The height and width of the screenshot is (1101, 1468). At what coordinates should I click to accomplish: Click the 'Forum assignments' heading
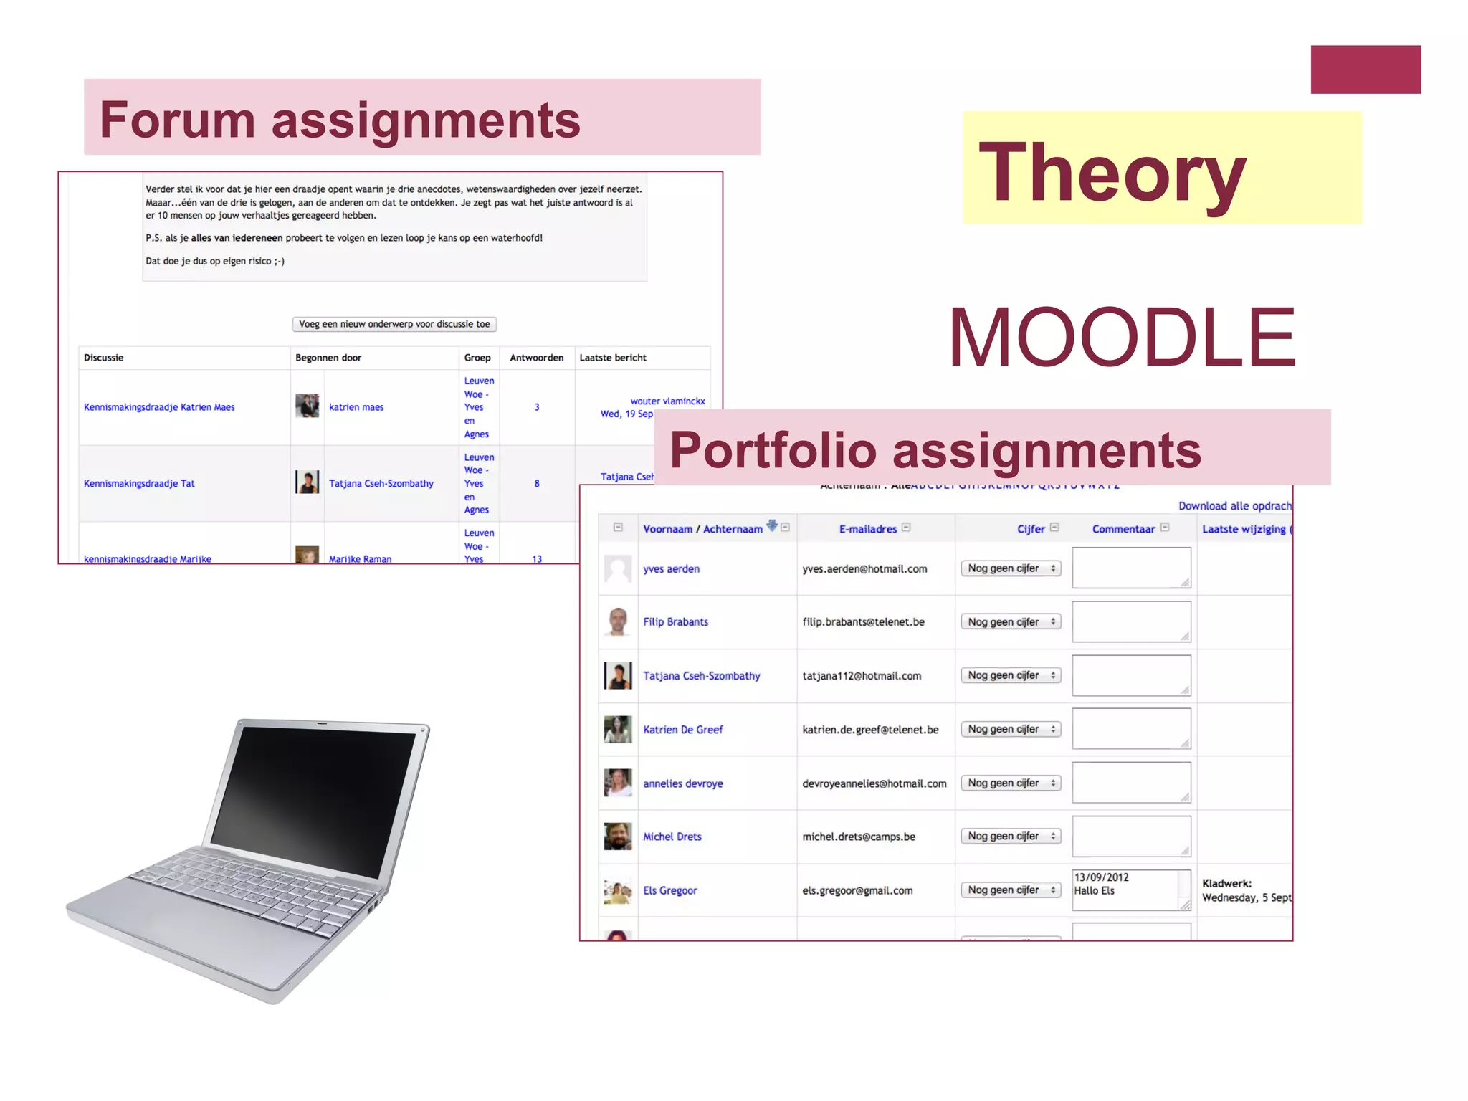click(340, 120)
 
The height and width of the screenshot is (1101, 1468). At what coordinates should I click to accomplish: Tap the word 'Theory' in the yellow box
click(1112, 173)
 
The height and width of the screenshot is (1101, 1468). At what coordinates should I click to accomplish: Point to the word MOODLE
click(1122, 337)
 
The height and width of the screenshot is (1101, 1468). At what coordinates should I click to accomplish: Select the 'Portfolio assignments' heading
click(935, 450)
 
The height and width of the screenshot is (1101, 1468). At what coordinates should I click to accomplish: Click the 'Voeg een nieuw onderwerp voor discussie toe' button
click(394, 324)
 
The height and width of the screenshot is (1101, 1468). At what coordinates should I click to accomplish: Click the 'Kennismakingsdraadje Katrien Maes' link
click(159, 407)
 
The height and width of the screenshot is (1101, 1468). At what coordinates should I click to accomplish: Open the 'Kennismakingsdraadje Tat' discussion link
click(139, 484)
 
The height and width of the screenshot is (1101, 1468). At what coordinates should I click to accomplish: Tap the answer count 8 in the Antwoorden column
click(537, 484)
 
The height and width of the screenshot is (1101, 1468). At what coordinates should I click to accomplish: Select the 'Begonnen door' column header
click(328, 358)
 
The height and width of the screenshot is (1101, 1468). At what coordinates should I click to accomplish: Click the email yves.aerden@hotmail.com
click(864, 569)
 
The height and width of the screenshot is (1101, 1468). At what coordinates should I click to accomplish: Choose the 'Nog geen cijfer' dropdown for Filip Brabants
click(1011, 622)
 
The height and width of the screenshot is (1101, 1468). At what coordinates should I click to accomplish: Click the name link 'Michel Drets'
click(672, 837)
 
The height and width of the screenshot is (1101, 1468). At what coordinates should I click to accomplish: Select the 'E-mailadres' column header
click(868, 529)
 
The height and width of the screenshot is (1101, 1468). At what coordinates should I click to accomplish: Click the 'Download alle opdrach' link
click(1234, 506)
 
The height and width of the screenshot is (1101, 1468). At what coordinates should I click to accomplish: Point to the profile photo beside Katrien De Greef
click(618, 730)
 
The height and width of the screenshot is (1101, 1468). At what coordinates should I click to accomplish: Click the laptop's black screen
click(315, 796)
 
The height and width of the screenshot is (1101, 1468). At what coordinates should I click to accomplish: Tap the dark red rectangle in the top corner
click(1365, 70)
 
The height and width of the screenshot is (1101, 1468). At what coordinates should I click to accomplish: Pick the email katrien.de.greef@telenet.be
click(870, 730)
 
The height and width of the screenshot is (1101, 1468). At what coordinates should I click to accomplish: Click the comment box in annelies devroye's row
click(1130, 783)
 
